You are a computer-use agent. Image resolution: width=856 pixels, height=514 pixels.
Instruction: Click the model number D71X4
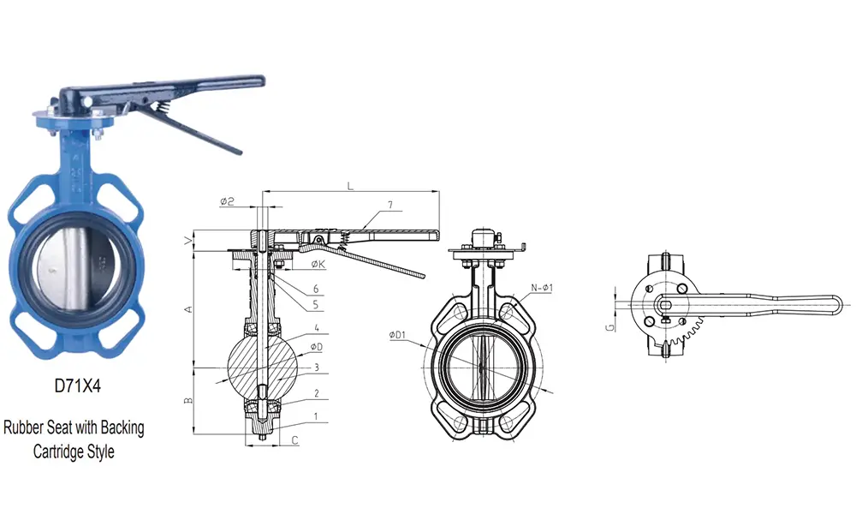coord(78,385)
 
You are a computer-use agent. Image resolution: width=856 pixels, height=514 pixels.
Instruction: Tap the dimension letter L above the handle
coord(351,185)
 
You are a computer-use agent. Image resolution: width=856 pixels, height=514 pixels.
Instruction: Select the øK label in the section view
coord(316,265)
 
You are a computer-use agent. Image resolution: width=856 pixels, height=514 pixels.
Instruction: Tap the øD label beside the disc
coord(316,347)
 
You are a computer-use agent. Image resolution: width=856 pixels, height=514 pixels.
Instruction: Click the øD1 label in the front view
coord(398,335)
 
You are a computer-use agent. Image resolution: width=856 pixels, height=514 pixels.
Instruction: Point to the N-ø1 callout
coord(542,287)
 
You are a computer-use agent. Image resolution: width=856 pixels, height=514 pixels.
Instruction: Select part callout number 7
coord(389,206)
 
